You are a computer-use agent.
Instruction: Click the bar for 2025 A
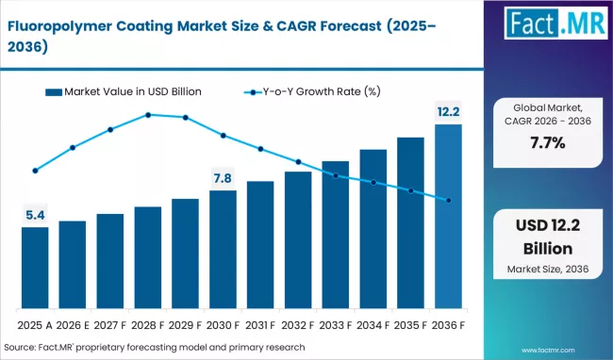35,269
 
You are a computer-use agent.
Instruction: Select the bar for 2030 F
223,251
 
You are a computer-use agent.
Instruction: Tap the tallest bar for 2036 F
448,218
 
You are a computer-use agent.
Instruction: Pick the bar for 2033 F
336,236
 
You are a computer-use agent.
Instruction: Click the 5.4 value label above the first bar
35,216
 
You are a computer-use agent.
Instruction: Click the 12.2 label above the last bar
448,112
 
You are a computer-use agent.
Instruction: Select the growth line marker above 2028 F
148,115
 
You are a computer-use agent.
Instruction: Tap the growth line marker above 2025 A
35,171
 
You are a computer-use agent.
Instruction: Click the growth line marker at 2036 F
448,200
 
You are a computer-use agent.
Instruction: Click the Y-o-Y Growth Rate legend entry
311,91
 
